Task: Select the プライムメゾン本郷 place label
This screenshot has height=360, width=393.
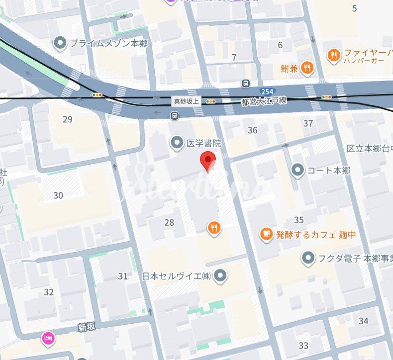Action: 108,43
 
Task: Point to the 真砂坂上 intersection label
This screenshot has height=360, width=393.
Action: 186,101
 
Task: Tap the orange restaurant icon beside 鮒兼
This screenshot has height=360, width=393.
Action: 308,68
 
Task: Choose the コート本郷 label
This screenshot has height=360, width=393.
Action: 329,171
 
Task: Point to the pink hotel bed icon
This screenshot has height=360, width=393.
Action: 48,339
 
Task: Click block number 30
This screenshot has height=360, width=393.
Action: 58,195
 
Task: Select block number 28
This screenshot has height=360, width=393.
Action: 169,222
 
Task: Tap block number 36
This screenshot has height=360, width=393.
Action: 253,130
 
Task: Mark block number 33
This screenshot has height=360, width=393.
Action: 303,345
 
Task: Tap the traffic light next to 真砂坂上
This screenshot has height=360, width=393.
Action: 211,101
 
